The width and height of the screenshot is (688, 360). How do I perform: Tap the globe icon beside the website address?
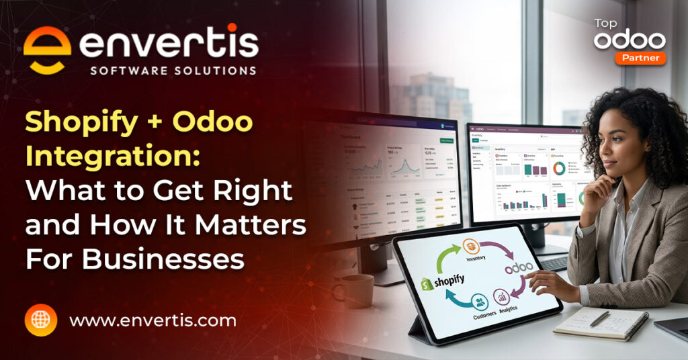[41, 320]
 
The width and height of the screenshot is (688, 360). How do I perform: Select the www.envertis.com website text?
[153, 321]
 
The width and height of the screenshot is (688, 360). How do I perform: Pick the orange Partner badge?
[640, 58]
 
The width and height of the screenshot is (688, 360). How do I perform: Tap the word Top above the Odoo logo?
[606, 24]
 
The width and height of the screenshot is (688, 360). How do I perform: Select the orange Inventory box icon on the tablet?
[474, 246]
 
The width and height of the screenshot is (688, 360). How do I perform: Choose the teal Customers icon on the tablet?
[479, 301]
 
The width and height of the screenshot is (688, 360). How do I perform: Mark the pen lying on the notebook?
[599, 318]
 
